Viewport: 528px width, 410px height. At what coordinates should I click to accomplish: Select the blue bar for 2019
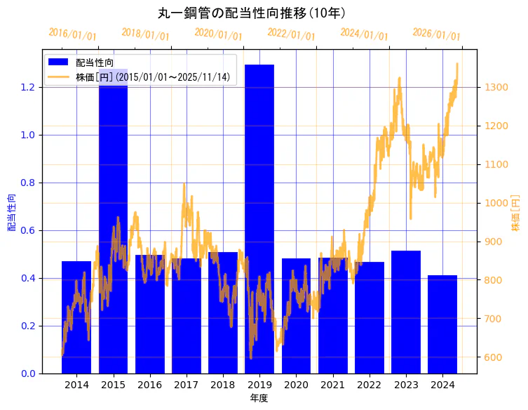[259, 218]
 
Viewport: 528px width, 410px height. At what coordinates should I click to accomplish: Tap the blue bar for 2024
[442, 324]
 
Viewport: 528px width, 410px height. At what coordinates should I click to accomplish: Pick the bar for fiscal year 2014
[76, 317]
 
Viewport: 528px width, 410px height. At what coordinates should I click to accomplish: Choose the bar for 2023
[406, 312]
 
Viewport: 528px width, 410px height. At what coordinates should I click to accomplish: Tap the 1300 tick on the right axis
[496, 87]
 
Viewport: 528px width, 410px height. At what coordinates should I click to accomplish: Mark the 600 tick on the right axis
[493, 357]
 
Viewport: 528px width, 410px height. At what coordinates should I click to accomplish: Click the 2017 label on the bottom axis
[186, 385]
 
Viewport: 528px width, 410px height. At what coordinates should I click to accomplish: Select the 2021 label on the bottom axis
[332, 385]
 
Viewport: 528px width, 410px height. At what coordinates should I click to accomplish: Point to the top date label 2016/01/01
[73, 34]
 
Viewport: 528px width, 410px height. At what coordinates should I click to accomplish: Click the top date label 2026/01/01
[436, 34]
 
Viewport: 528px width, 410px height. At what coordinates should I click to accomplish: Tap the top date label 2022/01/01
[291, 34]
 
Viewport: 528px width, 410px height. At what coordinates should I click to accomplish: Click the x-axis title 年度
[259, 398]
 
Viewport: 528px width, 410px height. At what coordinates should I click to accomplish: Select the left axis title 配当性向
[11, 213]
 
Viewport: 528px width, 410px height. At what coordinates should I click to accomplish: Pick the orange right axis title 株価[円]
[516, 213]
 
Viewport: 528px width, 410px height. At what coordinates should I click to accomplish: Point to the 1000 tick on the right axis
[496, 203]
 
